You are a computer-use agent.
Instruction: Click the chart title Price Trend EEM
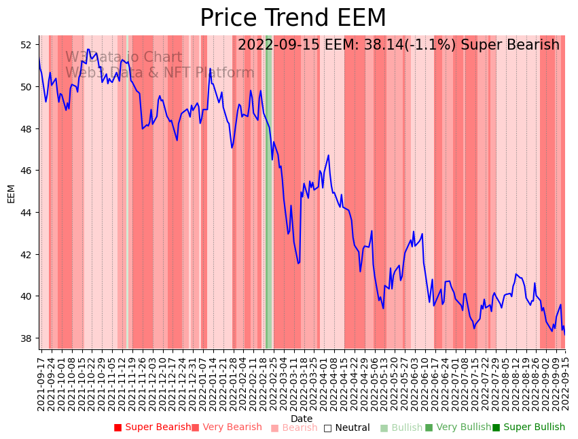[x=293, y=18]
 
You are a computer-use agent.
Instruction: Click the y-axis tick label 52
[x=26, y=45]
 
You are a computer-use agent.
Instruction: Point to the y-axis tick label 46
[x=26, y=171]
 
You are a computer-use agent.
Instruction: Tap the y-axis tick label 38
[x=26, y=338]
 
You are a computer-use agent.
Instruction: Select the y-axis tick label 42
[x=26, y=254]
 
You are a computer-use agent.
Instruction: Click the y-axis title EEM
[x=11, y=193]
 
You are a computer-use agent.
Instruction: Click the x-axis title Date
[x=302, y=419]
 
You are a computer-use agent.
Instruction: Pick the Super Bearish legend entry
[x=152, y=427]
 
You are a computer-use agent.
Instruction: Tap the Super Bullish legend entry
[x=528, y=427]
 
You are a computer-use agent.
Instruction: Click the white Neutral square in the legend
[x=327, y=428]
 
